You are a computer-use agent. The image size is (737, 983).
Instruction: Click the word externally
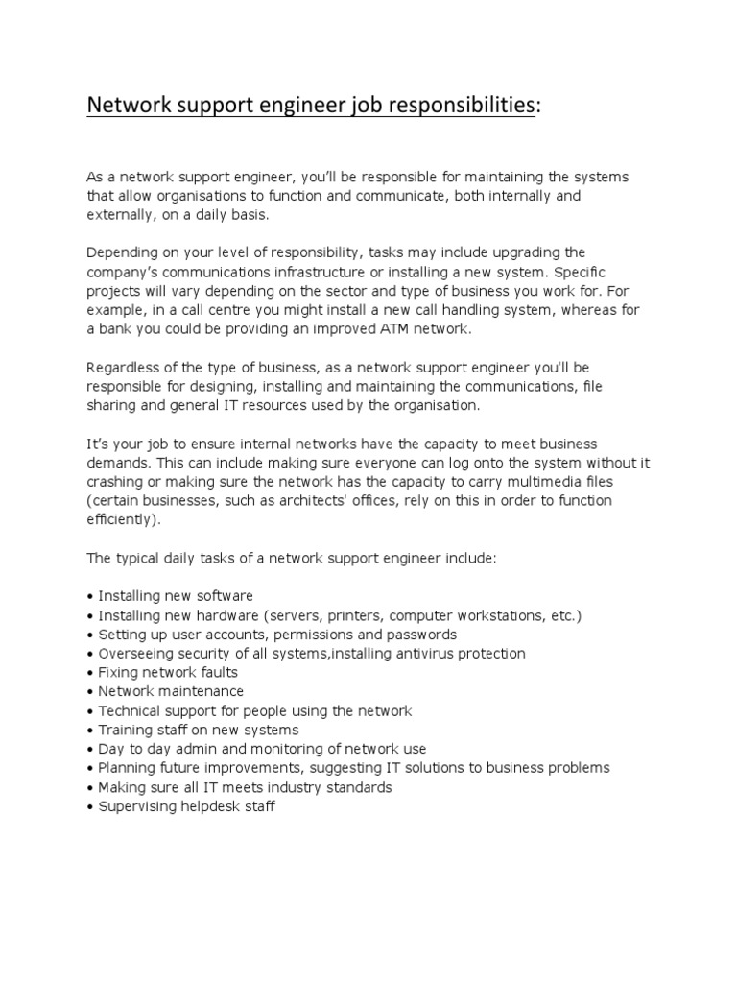(x=121, y=214)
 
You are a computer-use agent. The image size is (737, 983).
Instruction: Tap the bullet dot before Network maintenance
(x=90, y=691)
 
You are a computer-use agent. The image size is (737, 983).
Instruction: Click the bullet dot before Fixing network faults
(x=90, y=672)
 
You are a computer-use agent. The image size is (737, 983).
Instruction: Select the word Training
(x=125, y=730)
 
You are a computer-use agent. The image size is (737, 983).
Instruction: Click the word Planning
(x=127, y=768)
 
